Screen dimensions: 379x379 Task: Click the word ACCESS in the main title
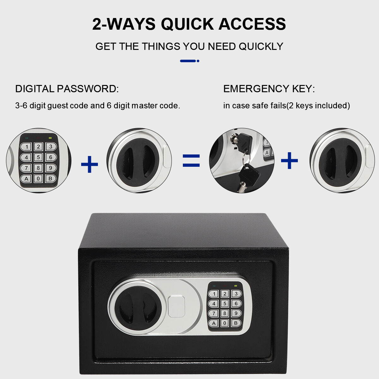[252, 24]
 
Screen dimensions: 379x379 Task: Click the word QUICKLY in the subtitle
[261, 46]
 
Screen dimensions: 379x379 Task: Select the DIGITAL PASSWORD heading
[67, 89]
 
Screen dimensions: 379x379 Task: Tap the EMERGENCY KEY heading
[269, 89]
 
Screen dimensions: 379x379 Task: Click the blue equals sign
[191, 160]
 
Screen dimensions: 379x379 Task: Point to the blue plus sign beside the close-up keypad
[89, 165]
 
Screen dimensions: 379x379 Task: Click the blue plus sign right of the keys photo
[289, 160]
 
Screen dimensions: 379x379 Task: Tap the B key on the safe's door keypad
[236, 323]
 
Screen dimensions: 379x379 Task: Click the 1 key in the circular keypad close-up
[26, 147]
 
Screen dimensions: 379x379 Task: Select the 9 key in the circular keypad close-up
[51, 168]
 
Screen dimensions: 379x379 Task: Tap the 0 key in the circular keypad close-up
[38, 178]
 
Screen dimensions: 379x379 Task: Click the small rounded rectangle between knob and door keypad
[176, 307]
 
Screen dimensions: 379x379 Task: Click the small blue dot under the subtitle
[198, 61]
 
